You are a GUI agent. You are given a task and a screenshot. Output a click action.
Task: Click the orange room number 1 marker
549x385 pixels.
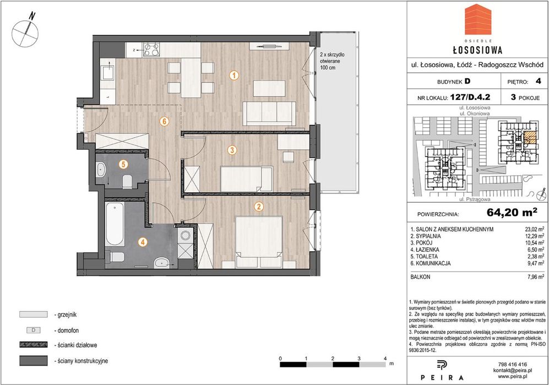point(234,75)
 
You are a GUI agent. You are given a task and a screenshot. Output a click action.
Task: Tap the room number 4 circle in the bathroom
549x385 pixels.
point(142,242)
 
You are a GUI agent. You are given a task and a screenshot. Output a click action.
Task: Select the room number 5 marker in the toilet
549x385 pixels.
point(123,164)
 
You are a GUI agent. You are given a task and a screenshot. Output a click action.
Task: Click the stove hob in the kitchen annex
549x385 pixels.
point(152,50)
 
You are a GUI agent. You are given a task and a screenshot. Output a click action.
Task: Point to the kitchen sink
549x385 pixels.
point(107,74)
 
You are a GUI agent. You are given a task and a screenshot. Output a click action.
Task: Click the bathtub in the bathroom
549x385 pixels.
point(115,224)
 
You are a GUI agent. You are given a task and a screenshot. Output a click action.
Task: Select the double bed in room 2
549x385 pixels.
point(259,242)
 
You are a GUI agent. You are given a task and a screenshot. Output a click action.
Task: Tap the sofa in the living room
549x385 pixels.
point(270,113)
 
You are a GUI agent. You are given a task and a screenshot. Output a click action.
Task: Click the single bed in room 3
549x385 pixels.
point(246,178)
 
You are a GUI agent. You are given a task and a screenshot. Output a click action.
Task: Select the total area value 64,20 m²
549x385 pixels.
point(512,212)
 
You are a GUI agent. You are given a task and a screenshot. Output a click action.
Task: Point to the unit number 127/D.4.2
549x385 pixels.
point(470,97)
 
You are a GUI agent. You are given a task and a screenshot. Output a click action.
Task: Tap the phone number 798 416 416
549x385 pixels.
point(512,364)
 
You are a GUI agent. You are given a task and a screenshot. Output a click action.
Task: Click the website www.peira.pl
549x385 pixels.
point(512,376)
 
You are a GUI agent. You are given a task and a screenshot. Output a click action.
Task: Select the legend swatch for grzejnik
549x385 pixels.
point(33,314)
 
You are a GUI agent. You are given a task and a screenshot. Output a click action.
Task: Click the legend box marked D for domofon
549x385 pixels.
point(33,330)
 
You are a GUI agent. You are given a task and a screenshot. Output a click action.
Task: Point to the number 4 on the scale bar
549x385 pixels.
point(385,359)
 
